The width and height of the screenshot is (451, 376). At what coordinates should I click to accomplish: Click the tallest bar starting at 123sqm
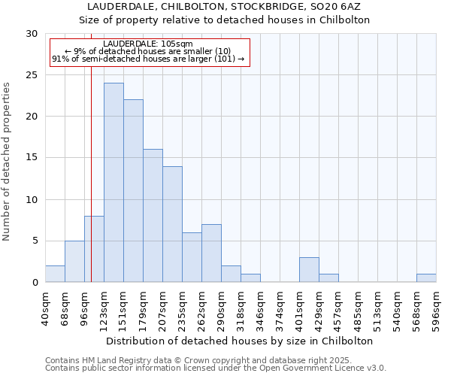point(114,183)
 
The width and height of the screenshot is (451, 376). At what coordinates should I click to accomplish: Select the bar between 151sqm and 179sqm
point(133,191)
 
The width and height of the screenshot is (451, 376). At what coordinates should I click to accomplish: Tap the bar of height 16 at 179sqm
point(153,216)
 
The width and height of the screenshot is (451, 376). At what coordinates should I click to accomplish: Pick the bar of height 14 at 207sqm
point(172,224)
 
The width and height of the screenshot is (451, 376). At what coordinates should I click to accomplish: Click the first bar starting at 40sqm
point(55,274)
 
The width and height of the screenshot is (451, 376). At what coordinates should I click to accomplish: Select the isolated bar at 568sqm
point(426,278)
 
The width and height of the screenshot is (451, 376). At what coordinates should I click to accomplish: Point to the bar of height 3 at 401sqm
point(309,270)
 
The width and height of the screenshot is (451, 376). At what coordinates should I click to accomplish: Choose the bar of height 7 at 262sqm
point(211,253)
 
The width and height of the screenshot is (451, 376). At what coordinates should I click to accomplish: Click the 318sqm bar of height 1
point(250,278)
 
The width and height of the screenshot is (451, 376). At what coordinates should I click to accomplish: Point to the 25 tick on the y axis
point(32,75)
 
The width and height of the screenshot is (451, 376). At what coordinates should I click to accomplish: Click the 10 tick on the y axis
point(32,200)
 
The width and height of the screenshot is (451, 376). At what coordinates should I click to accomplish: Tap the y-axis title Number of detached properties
point(8,162)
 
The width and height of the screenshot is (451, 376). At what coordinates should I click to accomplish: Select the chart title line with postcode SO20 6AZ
point(225,7)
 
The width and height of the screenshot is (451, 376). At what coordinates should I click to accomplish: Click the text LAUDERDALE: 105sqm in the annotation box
point(148,44)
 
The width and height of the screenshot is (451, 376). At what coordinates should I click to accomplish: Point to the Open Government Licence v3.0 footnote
point(216,368)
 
